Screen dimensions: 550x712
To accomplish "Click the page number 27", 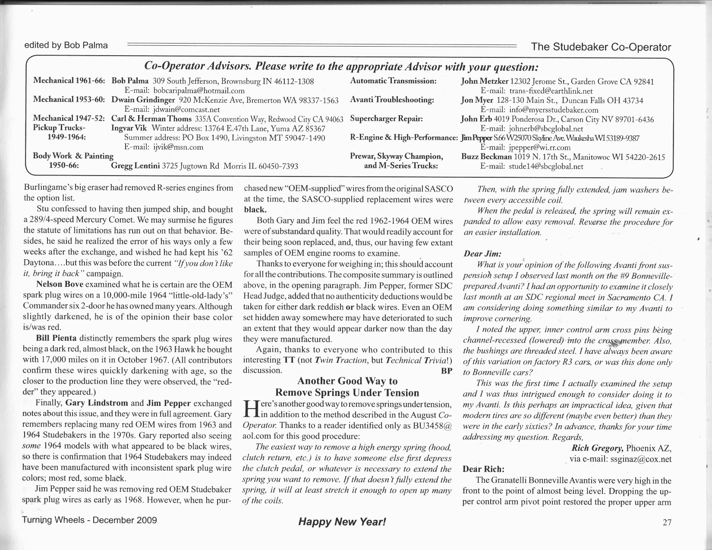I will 667,522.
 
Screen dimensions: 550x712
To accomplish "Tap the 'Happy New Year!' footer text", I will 342,522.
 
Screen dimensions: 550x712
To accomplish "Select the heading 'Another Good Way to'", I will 347,381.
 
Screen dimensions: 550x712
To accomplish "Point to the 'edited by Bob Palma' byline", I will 66,45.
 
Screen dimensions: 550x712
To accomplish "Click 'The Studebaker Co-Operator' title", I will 601,47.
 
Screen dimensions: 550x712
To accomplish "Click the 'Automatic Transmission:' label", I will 394,81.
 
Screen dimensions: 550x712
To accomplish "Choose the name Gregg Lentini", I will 135,166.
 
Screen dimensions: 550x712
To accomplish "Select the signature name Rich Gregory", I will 597,448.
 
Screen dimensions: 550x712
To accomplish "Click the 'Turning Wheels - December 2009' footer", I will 90,520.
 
